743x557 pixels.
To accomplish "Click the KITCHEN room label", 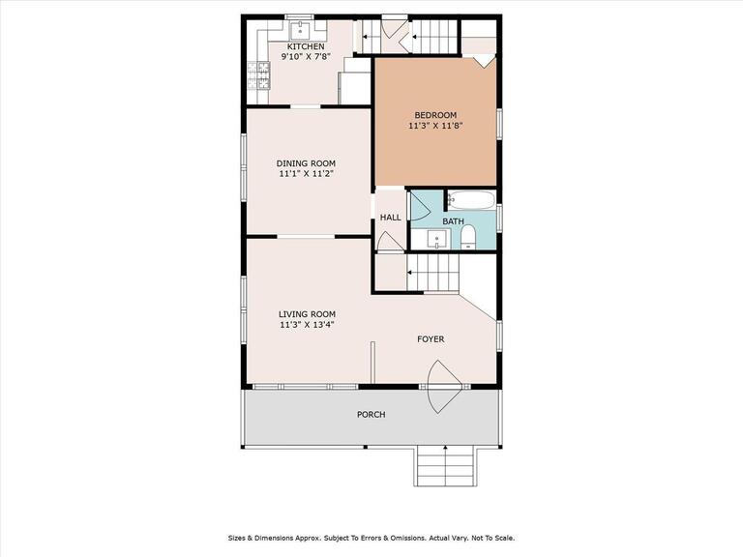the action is click(x=306, y=46).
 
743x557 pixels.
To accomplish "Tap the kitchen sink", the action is click(x=300, y=30).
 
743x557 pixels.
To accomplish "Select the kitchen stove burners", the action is click(x=258, y=75).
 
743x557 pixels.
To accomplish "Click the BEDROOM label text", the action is click(x=435, y=115).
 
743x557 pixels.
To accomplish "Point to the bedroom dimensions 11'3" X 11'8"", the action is click(x=435, y=126).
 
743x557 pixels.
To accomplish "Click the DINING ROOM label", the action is click(x=306, y=163).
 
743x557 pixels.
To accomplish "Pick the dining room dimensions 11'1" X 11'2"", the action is click(x=306, y=174).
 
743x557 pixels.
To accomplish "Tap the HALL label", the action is click(x=391, y=218).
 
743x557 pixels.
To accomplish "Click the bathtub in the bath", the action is click(x=471, y=200).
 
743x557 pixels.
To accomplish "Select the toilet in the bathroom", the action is click(x=468, y=237).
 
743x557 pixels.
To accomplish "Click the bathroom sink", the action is click(x=436, y=239).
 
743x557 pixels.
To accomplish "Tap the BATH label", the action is click(x=453, y=221).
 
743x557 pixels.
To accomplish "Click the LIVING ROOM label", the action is click(x=307, y=314).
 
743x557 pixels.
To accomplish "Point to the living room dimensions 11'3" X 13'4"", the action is click(x=307, y=325).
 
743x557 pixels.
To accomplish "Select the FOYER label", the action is click(x=431, y=339).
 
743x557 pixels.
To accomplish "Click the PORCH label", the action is click(x=371, y=415).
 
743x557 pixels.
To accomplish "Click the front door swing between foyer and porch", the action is click(x=444, y=387).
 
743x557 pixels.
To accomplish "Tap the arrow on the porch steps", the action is click(x=445, y=465).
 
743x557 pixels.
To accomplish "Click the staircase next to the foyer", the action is click(x=433, y=273).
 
